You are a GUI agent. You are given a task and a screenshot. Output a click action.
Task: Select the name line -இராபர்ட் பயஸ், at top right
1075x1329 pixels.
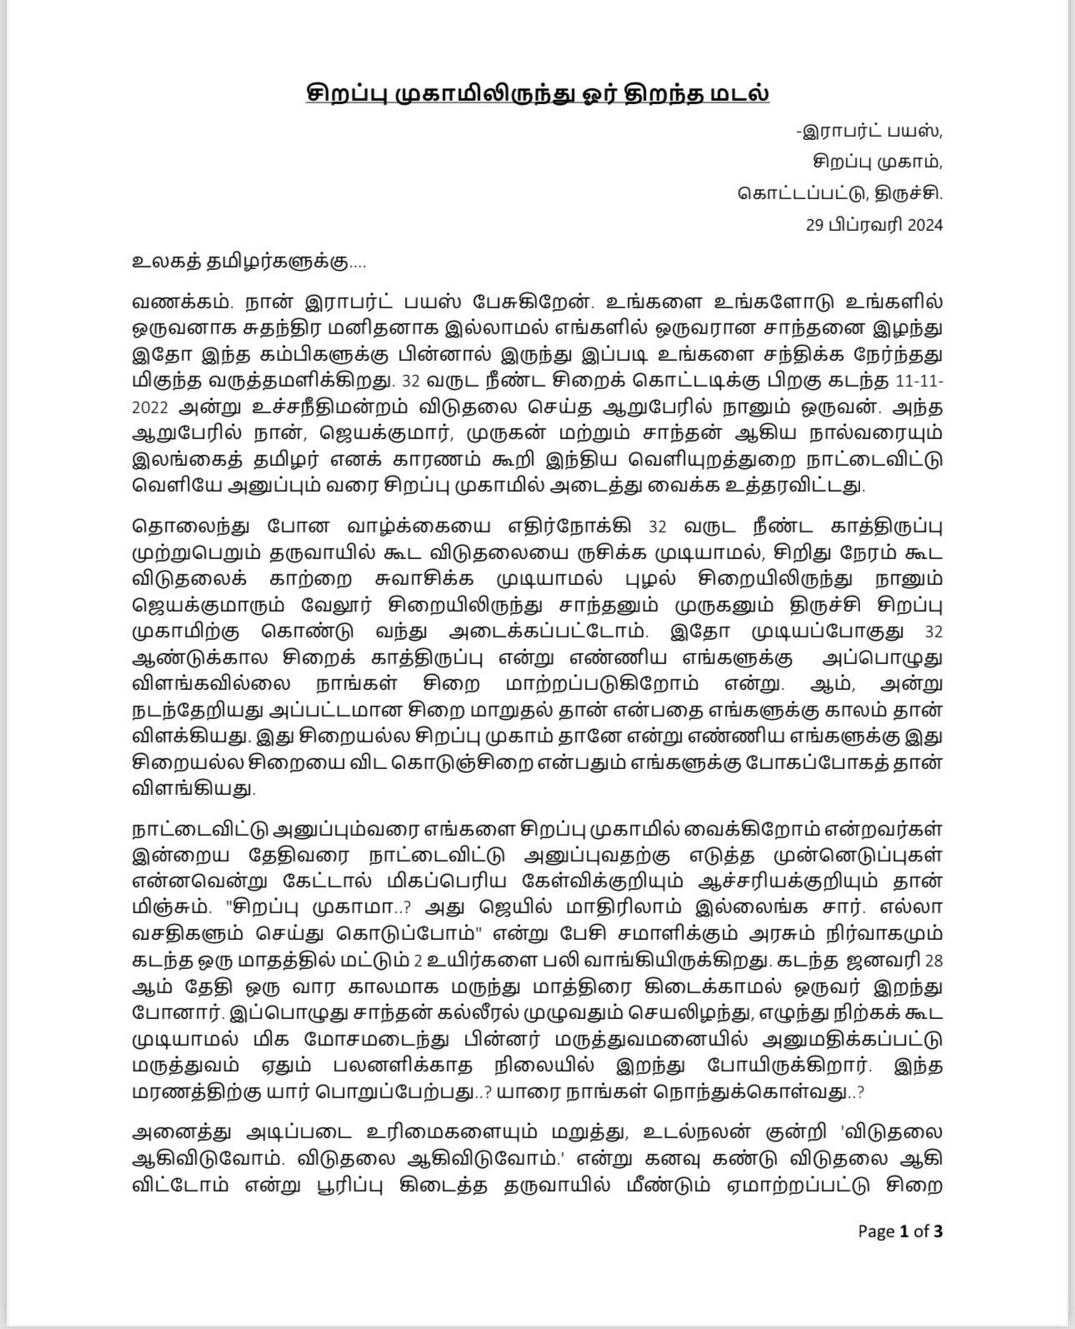tap(869, 132)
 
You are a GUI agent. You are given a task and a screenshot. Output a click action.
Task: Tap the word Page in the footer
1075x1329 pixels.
tap(876, 1231)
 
